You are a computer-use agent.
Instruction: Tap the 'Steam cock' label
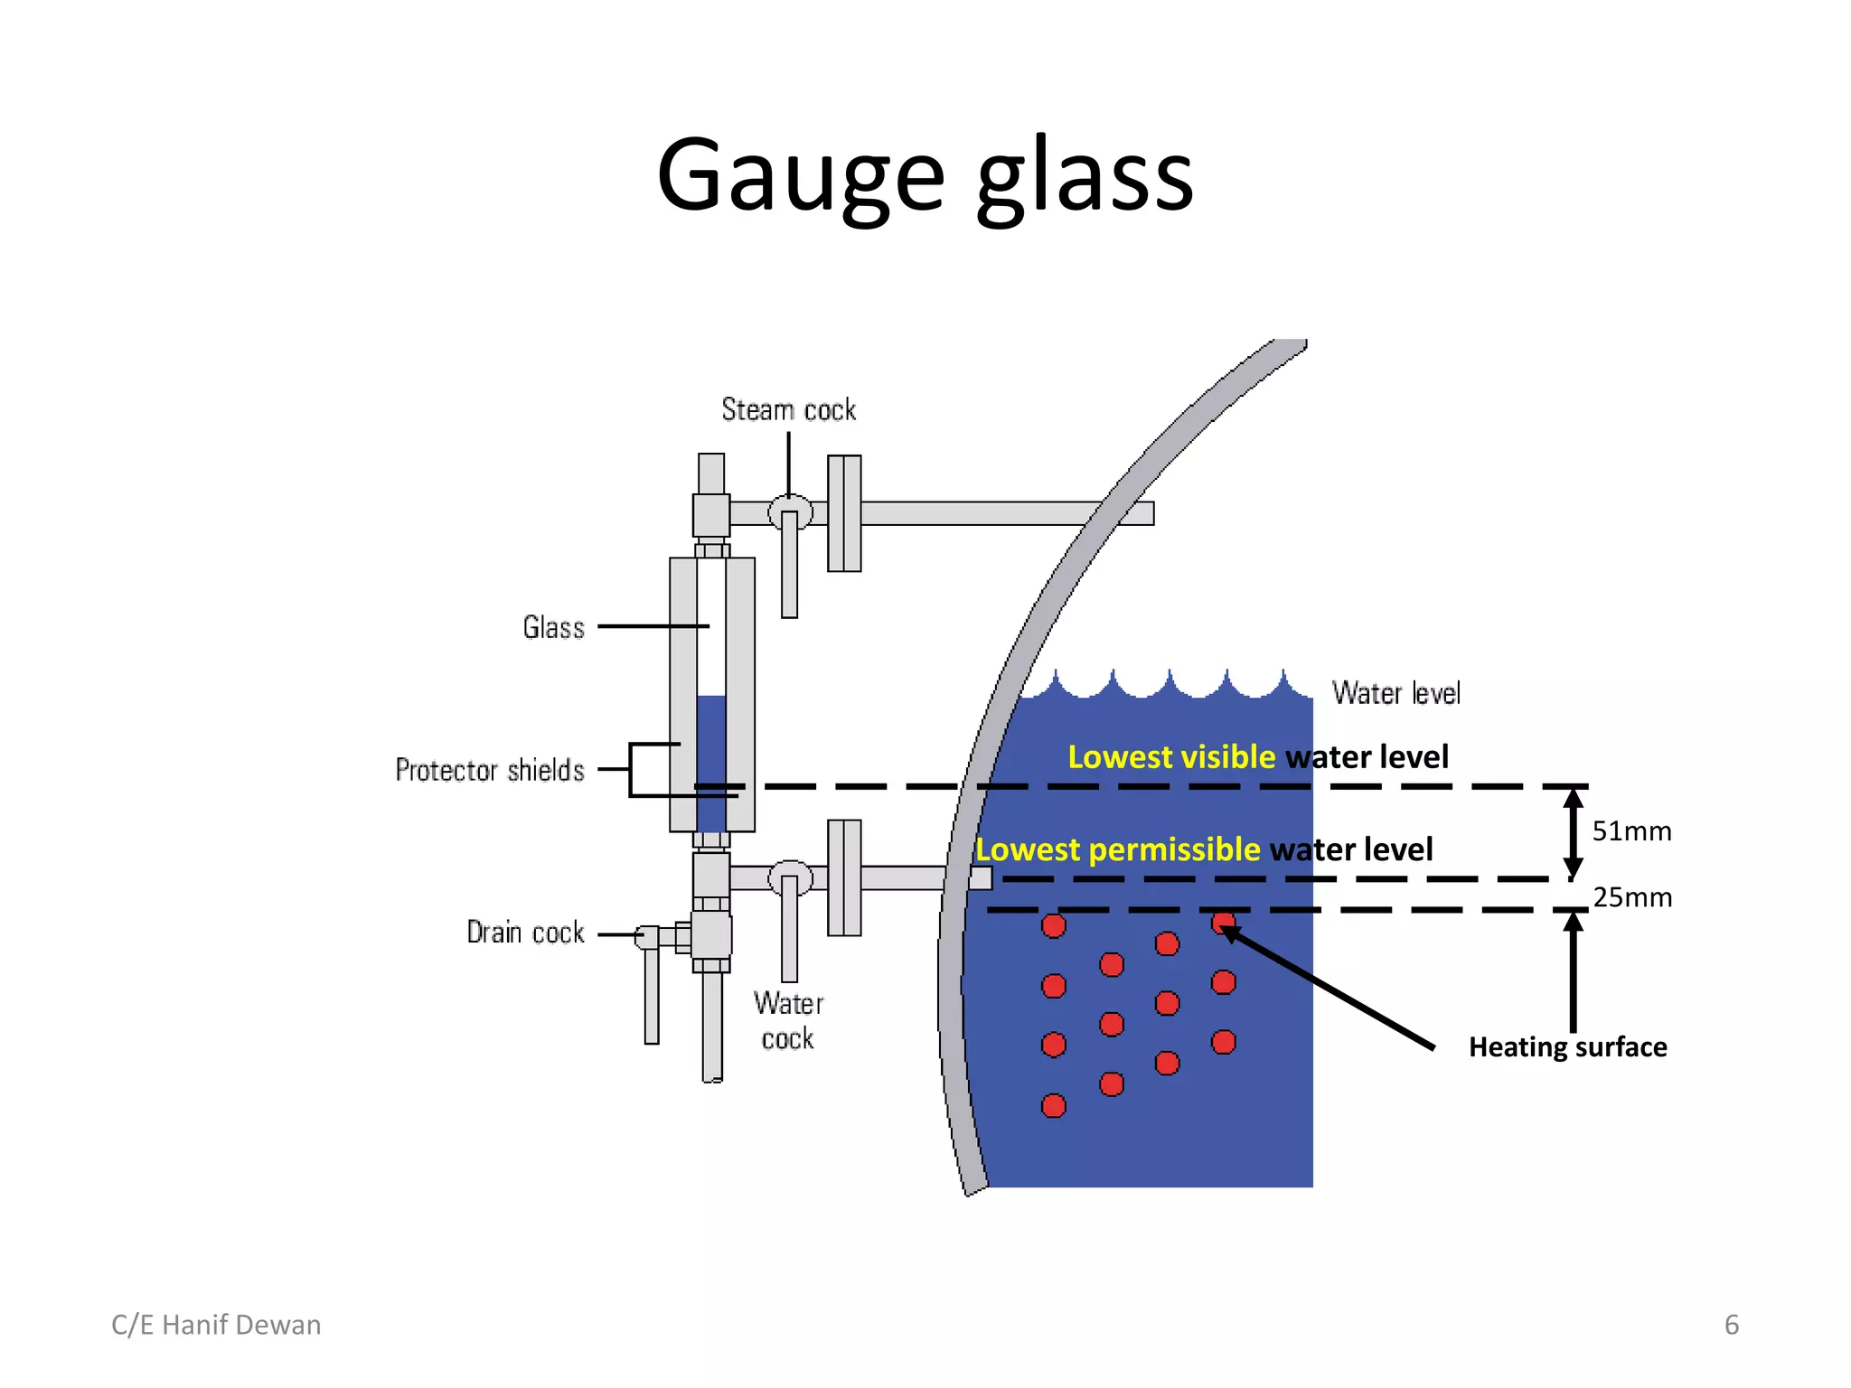pyautogui.click(x=788, y=409)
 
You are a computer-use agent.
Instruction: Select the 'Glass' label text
pyautogui.click(x=553, y=627)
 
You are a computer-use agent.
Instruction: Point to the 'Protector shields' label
pyautogui.click(x=490, y=770)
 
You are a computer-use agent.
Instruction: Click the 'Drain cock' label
pyautogui.click(x=525, y=933)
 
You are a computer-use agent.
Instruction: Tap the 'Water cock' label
pyautogui.click(x=788, y=1021)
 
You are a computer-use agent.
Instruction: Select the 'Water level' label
pyautogui.click(x=1395, y=693)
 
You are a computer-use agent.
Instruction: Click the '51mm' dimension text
pyautogui.click(x=1631, y=831)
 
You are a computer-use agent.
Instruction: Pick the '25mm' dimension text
pyautogui.click(x=1632, y=897)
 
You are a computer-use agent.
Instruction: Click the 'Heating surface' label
pyautogui.click(x=1567, y=1046)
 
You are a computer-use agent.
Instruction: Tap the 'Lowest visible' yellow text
pyautogui.click(x=1171, y=756)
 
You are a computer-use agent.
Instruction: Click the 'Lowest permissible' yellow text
pyautogui.click(x=1117, y=849)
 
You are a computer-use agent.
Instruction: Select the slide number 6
pyautogui.click(x=1731, y=1325)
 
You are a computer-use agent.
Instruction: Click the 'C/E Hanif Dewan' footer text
pyautogui.click(x=216, y=1325)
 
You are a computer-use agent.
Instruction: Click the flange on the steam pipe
pyautogui.click(x=844, y=513)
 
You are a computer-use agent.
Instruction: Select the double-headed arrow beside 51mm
pyautogui.click(x=1573, y=832)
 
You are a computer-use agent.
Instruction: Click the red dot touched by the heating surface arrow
pyautogui.click(x=1223, y=923)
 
